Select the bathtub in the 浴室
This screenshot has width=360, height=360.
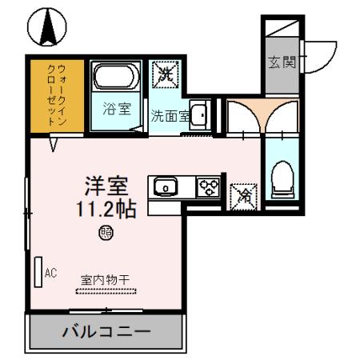coord(117,77)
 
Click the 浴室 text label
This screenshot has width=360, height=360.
coord(118,110)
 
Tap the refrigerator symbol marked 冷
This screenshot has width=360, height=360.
coord(242,195)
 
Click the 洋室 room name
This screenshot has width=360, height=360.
coord(106,186)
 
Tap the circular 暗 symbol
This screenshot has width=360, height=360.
coord(106,233)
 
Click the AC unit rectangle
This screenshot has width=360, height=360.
coord(38,273)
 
